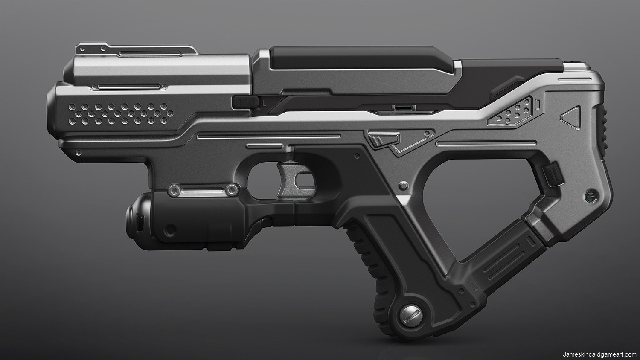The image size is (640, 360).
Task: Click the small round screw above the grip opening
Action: coord(403,185)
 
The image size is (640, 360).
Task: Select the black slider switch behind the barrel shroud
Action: coord(246,102)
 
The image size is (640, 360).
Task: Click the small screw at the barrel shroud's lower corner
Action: coord(79,152)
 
